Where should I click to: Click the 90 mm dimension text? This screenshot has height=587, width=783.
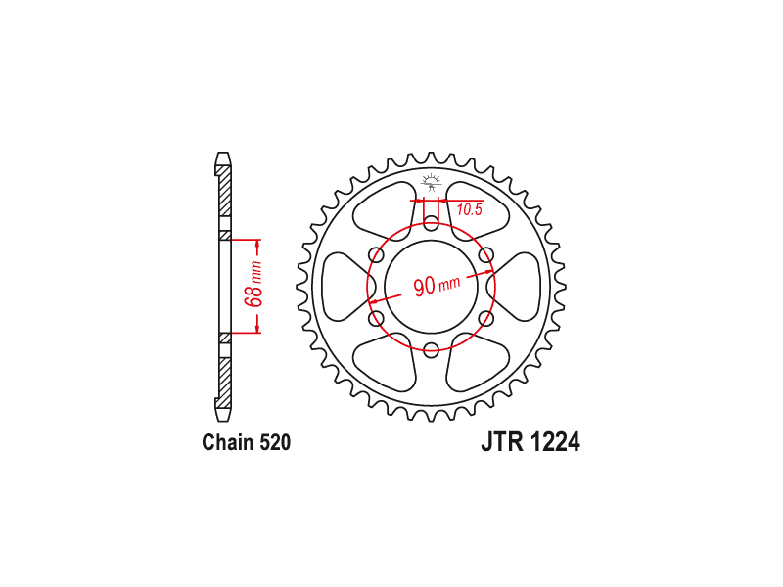tap(437, 286)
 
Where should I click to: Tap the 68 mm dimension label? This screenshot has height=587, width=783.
tap(253, 285)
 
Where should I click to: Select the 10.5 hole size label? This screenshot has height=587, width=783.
tap(470, 209)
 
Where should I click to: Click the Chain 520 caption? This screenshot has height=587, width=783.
tap(247, 443)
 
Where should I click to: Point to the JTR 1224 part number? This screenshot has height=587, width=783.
tap(530, 442)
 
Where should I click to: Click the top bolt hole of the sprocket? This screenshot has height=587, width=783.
tap(431, 223)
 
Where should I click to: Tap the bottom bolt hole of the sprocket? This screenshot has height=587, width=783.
tap(431, 349)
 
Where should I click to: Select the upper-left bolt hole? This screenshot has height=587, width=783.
tap(376, 255)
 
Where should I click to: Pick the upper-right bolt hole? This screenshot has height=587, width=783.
tap(485, 255)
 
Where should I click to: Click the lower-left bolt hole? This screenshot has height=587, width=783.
tap(376, 318)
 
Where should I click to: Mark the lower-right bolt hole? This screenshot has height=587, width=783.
tap(485, 318)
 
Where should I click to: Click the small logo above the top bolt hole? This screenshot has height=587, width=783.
tap(431, 182)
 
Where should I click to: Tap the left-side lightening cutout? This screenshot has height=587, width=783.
tap(344, 287)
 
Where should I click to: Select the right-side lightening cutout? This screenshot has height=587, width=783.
tap(516, 287)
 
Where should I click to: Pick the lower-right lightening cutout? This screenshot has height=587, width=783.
tap(478, 362)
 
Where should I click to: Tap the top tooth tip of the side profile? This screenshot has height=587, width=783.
tap(223, 154)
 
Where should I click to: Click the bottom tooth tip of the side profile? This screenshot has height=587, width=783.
tap(223, 420)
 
